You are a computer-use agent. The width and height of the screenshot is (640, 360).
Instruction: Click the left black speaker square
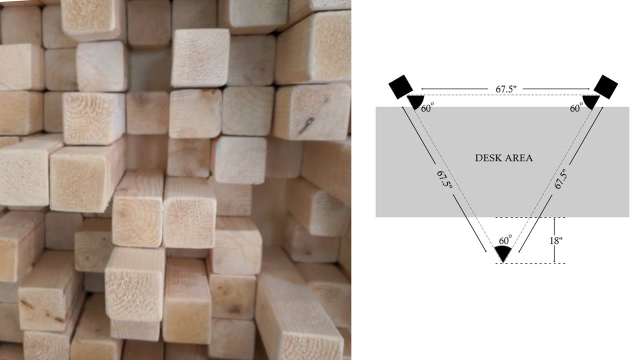(401, 87)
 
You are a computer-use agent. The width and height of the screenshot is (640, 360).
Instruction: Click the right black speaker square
(605, 87)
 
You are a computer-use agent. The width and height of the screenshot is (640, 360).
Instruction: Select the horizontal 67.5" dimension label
(506, 89)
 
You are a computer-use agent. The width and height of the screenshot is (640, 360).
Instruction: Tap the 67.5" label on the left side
(445, 179)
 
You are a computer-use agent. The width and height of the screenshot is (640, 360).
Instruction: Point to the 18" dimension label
(556, 240)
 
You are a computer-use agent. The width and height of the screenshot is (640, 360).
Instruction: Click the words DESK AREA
(503, 158)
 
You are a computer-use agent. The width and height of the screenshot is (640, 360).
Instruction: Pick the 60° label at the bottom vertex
(505, 240)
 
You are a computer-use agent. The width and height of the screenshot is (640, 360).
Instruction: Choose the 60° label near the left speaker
(427, 108)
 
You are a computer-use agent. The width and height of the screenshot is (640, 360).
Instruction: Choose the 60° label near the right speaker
(576, 108)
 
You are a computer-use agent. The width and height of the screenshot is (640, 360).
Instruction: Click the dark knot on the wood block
(306, 125)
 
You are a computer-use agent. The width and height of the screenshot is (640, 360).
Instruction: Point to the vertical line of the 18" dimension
(554, 240)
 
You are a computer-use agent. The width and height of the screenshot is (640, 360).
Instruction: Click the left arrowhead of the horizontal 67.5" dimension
(423, 89)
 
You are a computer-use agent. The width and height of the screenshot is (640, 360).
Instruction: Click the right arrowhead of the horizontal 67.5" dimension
(587, 89)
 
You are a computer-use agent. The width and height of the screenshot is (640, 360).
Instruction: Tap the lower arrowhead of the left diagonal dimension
(485, 250)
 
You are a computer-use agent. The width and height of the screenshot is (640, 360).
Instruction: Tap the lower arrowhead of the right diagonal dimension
(520, 250)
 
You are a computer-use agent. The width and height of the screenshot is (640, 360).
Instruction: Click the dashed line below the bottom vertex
(530, 263)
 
